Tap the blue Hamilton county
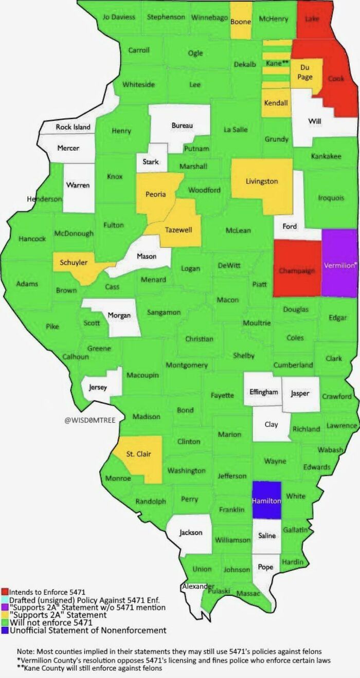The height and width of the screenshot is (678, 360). click(266, 500)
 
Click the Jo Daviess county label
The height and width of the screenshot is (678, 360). click(119, 17)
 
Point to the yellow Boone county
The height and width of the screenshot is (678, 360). click(241, 22)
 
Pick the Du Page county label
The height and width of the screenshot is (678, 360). click(305, 72)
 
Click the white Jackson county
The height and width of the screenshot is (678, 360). click(190, 533)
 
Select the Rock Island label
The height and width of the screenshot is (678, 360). click(73, 127)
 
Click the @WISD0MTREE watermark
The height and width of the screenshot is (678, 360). click(90, 420)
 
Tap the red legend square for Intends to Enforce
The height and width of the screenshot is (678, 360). click(5, 592)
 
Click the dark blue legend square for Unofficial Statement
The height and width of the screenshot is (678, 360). click(5, 630)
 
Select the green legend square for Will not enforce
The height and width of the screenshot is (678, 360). click(5, 622)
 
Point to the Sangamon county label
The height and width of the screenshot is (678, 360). click(164, 313)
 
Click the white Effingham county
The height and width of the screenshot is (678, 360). click(263, 392)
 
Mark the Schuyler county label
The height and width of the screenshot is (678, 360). click(73, 263)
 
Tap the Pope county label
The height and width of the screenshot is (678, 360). click(265, 567)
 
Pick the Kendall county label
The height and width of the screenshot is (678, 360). click(276, 103)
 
